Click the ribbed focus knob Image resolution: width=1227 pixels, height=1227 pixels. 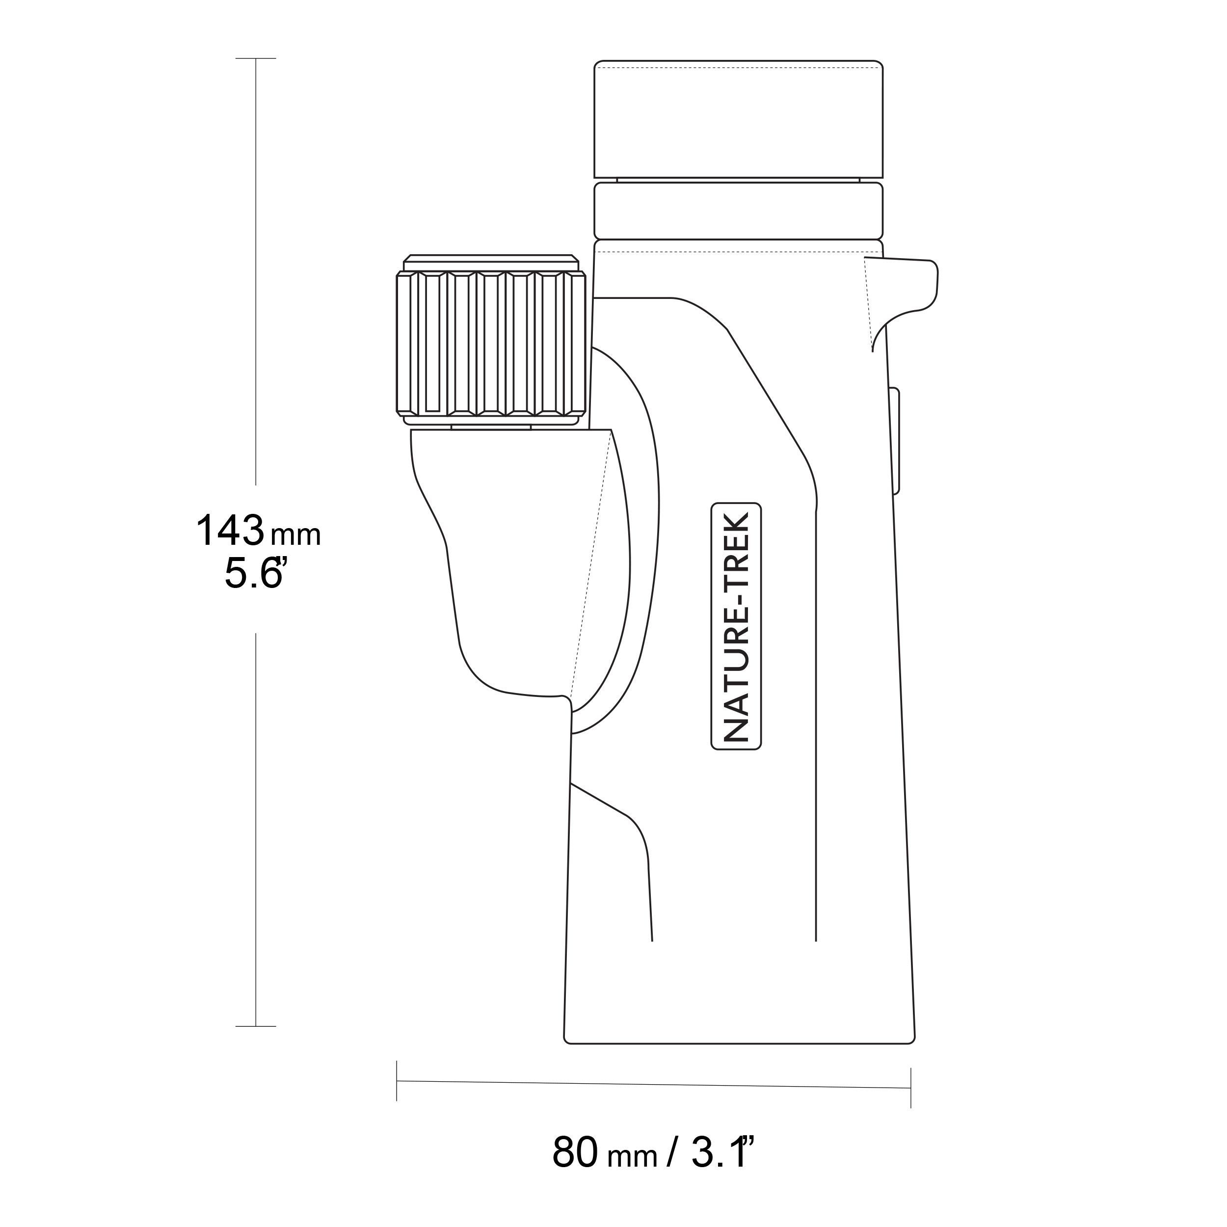pos(491,343)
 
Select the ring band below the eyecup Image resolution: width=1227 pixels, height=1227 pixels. pos(739,211)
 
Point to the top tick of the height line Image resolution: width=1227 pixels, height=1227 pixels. pos(255,58)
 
